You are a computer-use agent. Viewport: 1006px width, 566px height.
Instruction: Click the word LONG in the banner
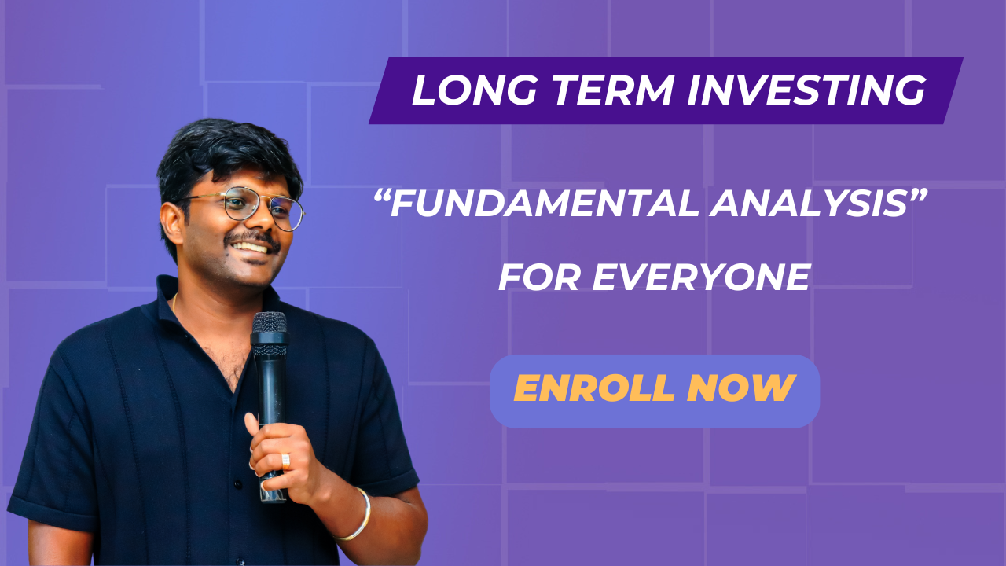(475, 90)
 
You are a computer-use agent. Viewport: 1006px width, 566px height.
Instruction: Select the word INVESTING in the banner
(806, 90)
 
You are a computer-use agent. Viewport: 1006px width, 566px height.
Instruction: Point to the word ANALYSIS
(808, 204)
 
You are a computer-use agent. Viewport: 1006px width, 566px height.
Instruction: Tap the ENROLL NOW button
(655, 391)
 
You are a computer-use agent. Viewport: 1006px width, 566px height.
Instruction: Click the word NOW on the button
(741, 388)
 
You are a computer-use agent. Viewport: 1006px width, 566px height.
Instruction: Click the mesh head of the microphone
(270, 322)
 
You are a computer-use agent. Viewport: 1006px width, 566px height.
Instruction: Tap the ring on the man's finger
(285, 461)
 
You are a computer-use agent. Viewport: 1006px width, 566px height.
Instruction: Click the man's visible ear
(171, 223)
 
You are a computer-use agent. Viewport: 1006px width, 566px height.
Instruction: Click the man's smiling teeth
(250, 247)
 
